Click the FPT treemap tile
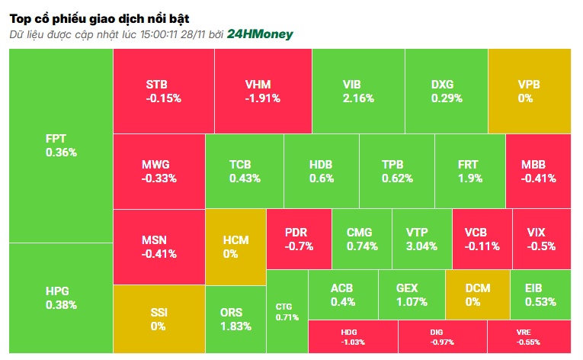(61, 145)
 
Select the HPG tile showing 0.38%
(61, 298)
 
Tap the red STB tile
(163, 91)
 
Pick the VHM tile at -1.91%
(263, 91)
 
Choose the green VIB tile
(357, 91)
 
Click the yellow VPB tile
(529, 91)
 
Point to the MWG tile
(159, 172)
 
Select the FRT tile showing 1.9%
(469, 172)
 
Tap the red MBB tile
(538, 172)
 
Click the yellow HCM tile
(235, 246)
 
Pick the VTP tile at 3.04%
(421, 239)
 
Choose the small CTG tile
(287, 311)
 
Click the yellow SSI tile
(159, 320)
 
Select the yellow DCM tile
(477, 294)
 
